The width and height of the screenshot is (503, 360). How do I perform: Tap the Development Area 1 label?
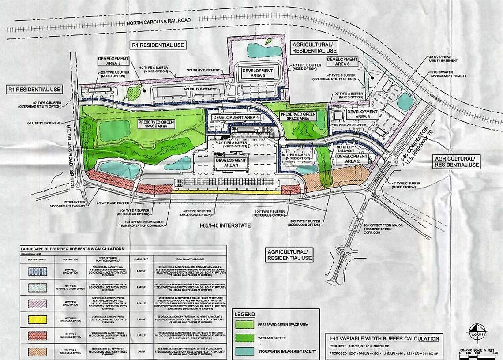point(231,163)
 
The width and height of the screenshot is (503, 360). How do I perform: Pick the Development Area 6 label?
point(342,61)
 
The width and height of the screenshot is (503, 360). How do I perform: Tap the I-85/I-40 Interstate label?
point(225,225)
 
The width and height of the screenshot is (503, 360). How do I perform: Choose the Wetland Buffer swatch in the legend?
point(250,338)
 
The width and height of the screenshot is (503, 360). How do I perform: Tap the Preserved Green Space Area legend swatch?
point(250,325)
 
